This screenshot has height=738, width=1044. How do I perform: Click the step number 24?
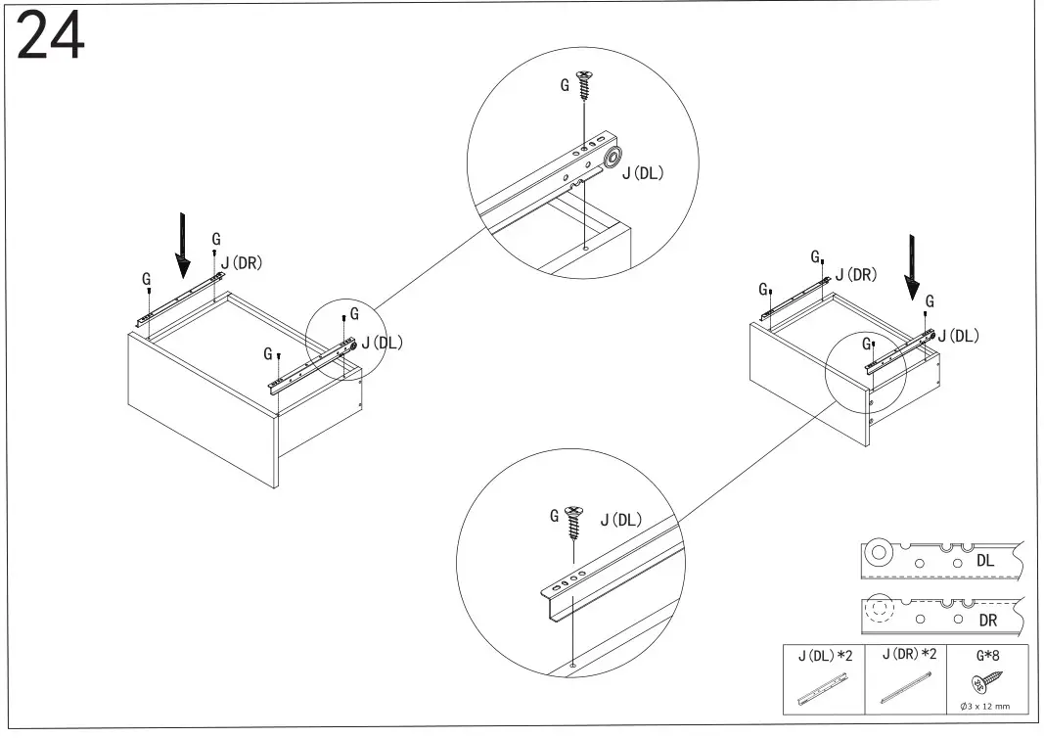[51, 39]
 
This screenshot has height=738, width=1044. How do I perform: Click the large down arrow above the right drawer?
[912, 266]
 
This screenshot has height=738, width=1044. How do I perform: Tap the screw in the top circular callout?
[584, 85]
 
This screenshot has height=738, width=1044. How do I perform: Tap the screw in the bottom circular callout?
[574, 525]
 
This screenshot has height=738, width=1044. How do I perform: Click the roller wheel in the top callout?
[613, 160]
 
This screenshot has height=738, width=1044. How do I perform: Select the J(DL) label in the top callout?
[643, 174]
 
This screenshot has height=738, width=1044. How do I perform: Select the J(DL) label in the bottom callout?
[620, 519]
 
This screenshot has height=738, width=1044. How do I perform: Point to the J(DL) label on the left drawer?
[382, 342]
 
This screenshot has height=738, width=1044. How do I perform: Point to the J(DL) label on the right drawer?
[958, 336]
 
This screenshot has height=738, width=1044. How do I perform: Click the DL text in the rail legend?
[985, 561]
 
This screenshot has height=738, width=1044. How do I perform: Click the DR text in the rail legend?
[987, 622]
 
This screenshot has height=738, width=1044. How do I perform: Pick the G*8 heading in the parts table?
[988, 655]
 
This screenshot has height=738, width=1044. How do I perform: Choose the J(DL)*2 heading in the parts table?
[825, 655]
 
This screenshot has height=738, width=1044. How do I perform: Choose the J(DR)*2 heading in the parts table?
[909, 655]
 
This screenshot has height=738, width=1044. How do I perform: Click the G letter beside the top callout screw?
[565, 86]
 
